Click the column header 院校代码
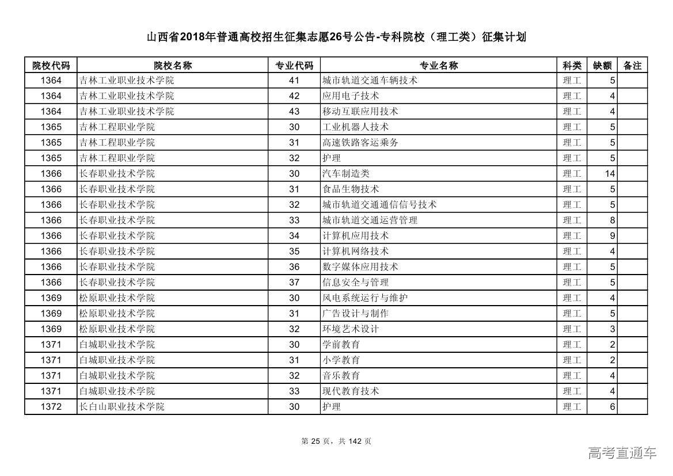tap(51, 65)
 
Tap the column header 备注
tap(632, 65)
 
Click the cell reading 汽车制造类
tap(345, 173)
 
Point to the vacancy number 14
tap(610, 173)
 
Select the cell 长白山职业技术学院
tap(121, 406)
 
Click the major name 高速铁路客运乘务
tap(360, 142)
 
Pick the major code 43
tap(294, 111)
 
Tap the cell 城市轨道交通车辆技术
tap(370, 81)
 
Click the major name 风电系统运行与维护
tap(365, 298)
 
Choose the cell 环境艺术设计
tap(350, 329)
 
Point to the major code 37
tap(294, 282)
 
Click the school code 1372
tap(51, 406)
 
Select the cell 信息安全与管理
tap(355, 282)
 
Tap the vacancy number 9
tap(613, 235)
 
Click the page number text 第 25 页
tap(315, 441)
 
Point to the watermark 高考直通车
tap(622, 453)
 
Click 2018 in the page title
tap(192, 37)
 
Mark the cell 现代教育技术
tap(350, 391)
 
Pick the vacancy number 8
tap(613, 220)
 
